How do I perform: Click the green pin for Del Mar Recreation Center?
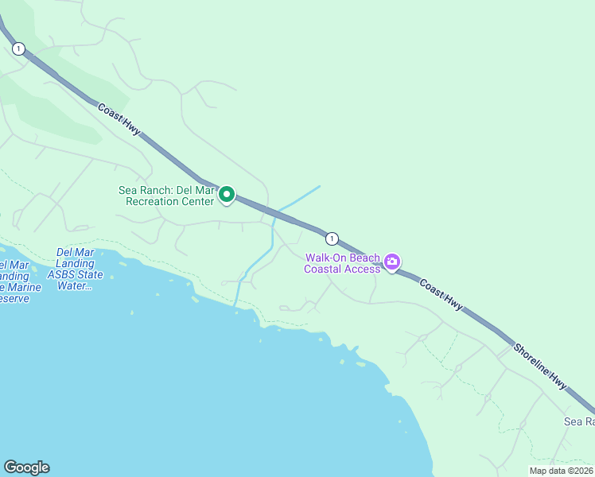pos(227,194)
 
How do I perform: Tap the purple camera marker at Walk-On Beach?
pos(391,262)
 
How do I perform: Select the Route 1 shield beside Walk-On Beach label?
pos(332,238)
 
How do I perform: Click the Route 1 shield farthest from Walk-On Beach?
pos(17,49)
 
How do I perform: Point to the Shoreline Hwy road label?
pos(540,366)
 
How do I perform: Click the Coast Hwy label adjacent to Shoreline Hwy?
pos(441,295)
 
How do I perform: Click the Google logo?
pos(26,467)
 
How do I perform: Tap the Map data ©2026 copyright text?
pos(562,471)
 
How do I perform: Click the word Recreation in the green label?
pos(160,201)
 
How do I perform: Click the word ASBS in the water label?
pos(61,275)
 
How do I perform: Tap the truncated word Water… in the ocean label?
pos(74,286)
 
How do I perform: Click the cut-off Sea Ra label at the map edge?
pos(579,421)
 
